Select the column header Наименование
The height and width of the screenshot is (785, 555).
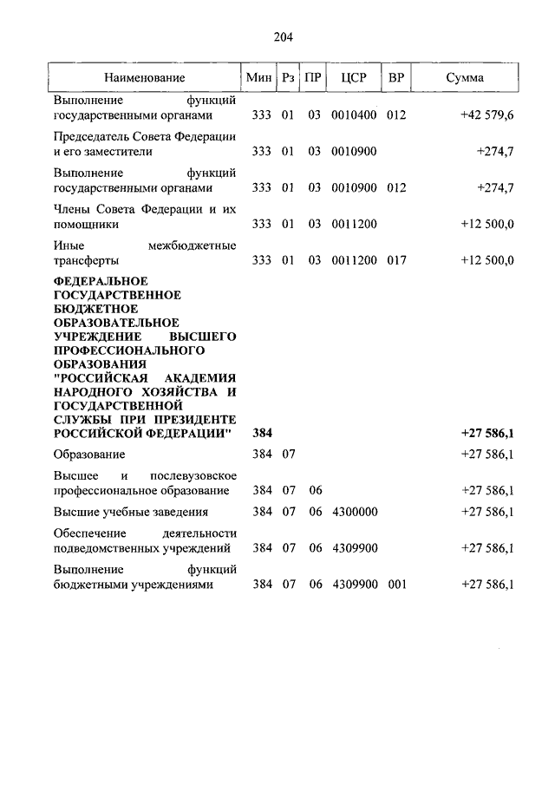(x=145, y=78)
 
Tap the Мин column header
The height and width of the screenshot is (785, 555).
(x=259, y=78)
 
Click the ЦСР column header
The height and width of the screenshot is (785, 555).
(x=354, y=78)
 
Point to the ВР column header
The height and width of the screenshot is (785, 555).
(x=396, y=78)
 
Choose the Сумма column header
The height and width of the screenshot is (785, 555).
(x=465, y=78)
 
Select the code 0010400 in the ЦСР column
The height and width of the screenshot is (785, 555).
(x=354, y=114)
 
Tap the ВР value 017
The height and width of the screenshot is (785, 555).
(x=396, y=260)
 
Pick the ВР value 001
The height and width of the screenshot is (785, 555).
(x=396, y=585)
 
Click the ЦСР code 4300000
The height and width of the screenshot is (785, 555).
(x=354, y=512)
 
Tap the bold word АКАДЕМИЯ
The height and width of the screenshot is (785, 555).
(x=201, y=378)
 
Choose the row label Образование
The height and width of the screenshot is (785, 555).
(x=89, y=454)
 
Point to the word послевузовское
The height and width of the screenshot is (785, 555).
(x=193, y=476)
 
